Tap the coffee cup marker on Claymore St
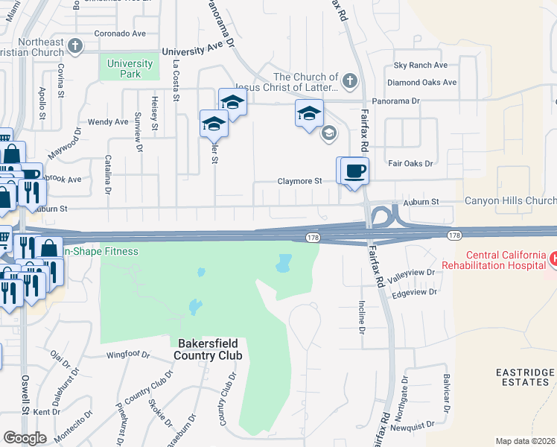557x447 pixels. (x=355, y=171)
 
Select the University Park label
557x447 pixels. (x=130, y=69)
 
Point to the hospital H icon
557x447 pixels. (x=553, y=259)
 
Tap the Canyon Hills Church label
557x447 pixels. (x=510, y=200)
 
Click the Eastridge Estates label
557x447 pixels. (x=526, y=377)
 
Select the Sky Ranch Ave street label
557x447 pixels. (x=421, y=66)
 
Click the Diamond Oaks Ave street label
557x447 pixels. (x=421, y=82)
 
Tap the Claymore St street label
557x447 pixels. (x=299, y=181)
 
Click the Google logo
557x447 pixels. (x=25, y=437)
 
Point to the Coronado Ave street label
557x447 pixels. (x=120, y=34)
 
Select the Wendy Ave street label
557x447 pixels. (x=108, y=121)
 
